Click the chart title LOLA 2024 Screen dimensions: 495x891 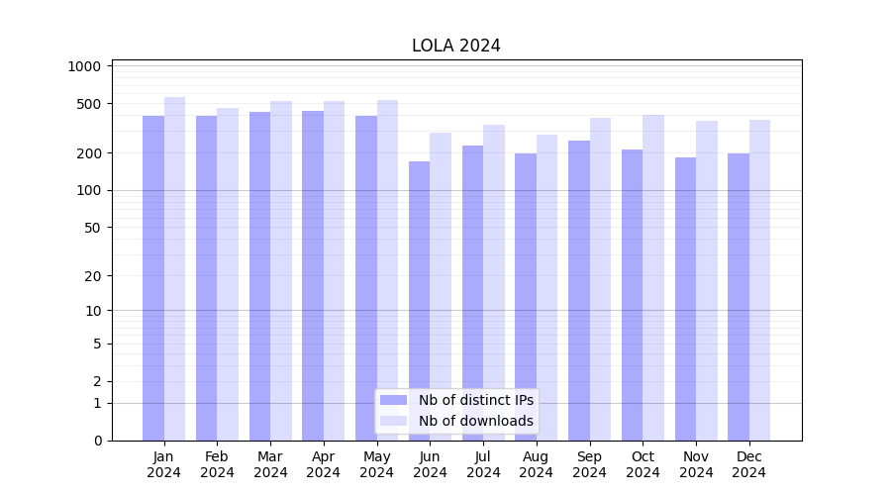pyautogui.click(x=456, y=46)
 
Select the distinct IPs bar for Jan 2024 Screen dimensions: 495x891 pyautogui.click(x=153, y=277)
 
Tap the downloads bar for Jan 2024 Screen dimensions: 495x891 pyautogui.click(x=175, y=267)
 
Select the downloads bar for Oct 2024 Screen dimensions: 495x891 pyautogui.click(x=653, y=277)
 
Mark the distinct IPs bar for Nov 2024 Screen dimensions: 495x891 pyautogui.click(x=685, y=298)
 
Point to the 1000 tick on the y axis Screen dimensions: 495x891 pyautogui.click(x=85, y=66)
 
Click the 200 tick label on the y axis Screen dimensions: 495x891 pyautogui.click(x=90, y=153)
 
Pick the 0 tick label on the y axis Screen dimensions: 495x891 pyautogui.click(x=97, y=441)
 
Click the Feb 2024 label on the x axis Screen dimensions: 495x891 pyautogui.click(x=217, y=464)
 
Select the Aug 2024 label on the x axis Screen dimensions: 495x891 pyautogui.click(x=537, y=464)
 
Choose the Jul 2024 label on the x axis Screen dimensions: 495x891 pyautogui.click(x=483, y=464)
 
